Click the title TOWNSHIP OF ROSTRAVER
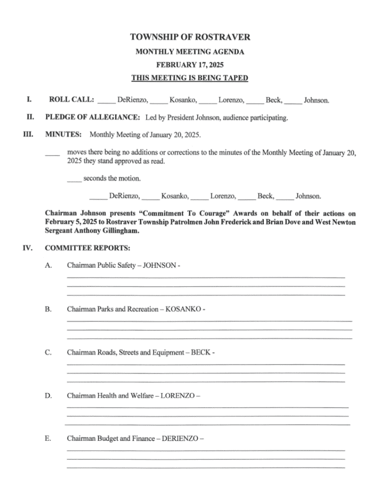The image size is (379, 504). (x=189, y=37)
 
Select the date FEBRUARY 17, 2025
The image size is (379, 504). (x=189, y=64)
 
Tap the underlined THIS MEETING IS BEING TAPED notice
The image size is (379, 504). (x=189, y=78)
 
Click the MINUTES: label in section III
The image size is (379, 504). (x=63, y=134)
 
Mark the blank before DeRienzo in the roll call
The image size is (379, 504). (x=107, y=102)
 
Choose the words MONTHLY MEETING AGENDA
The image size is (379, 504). (x=189, y=52)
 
